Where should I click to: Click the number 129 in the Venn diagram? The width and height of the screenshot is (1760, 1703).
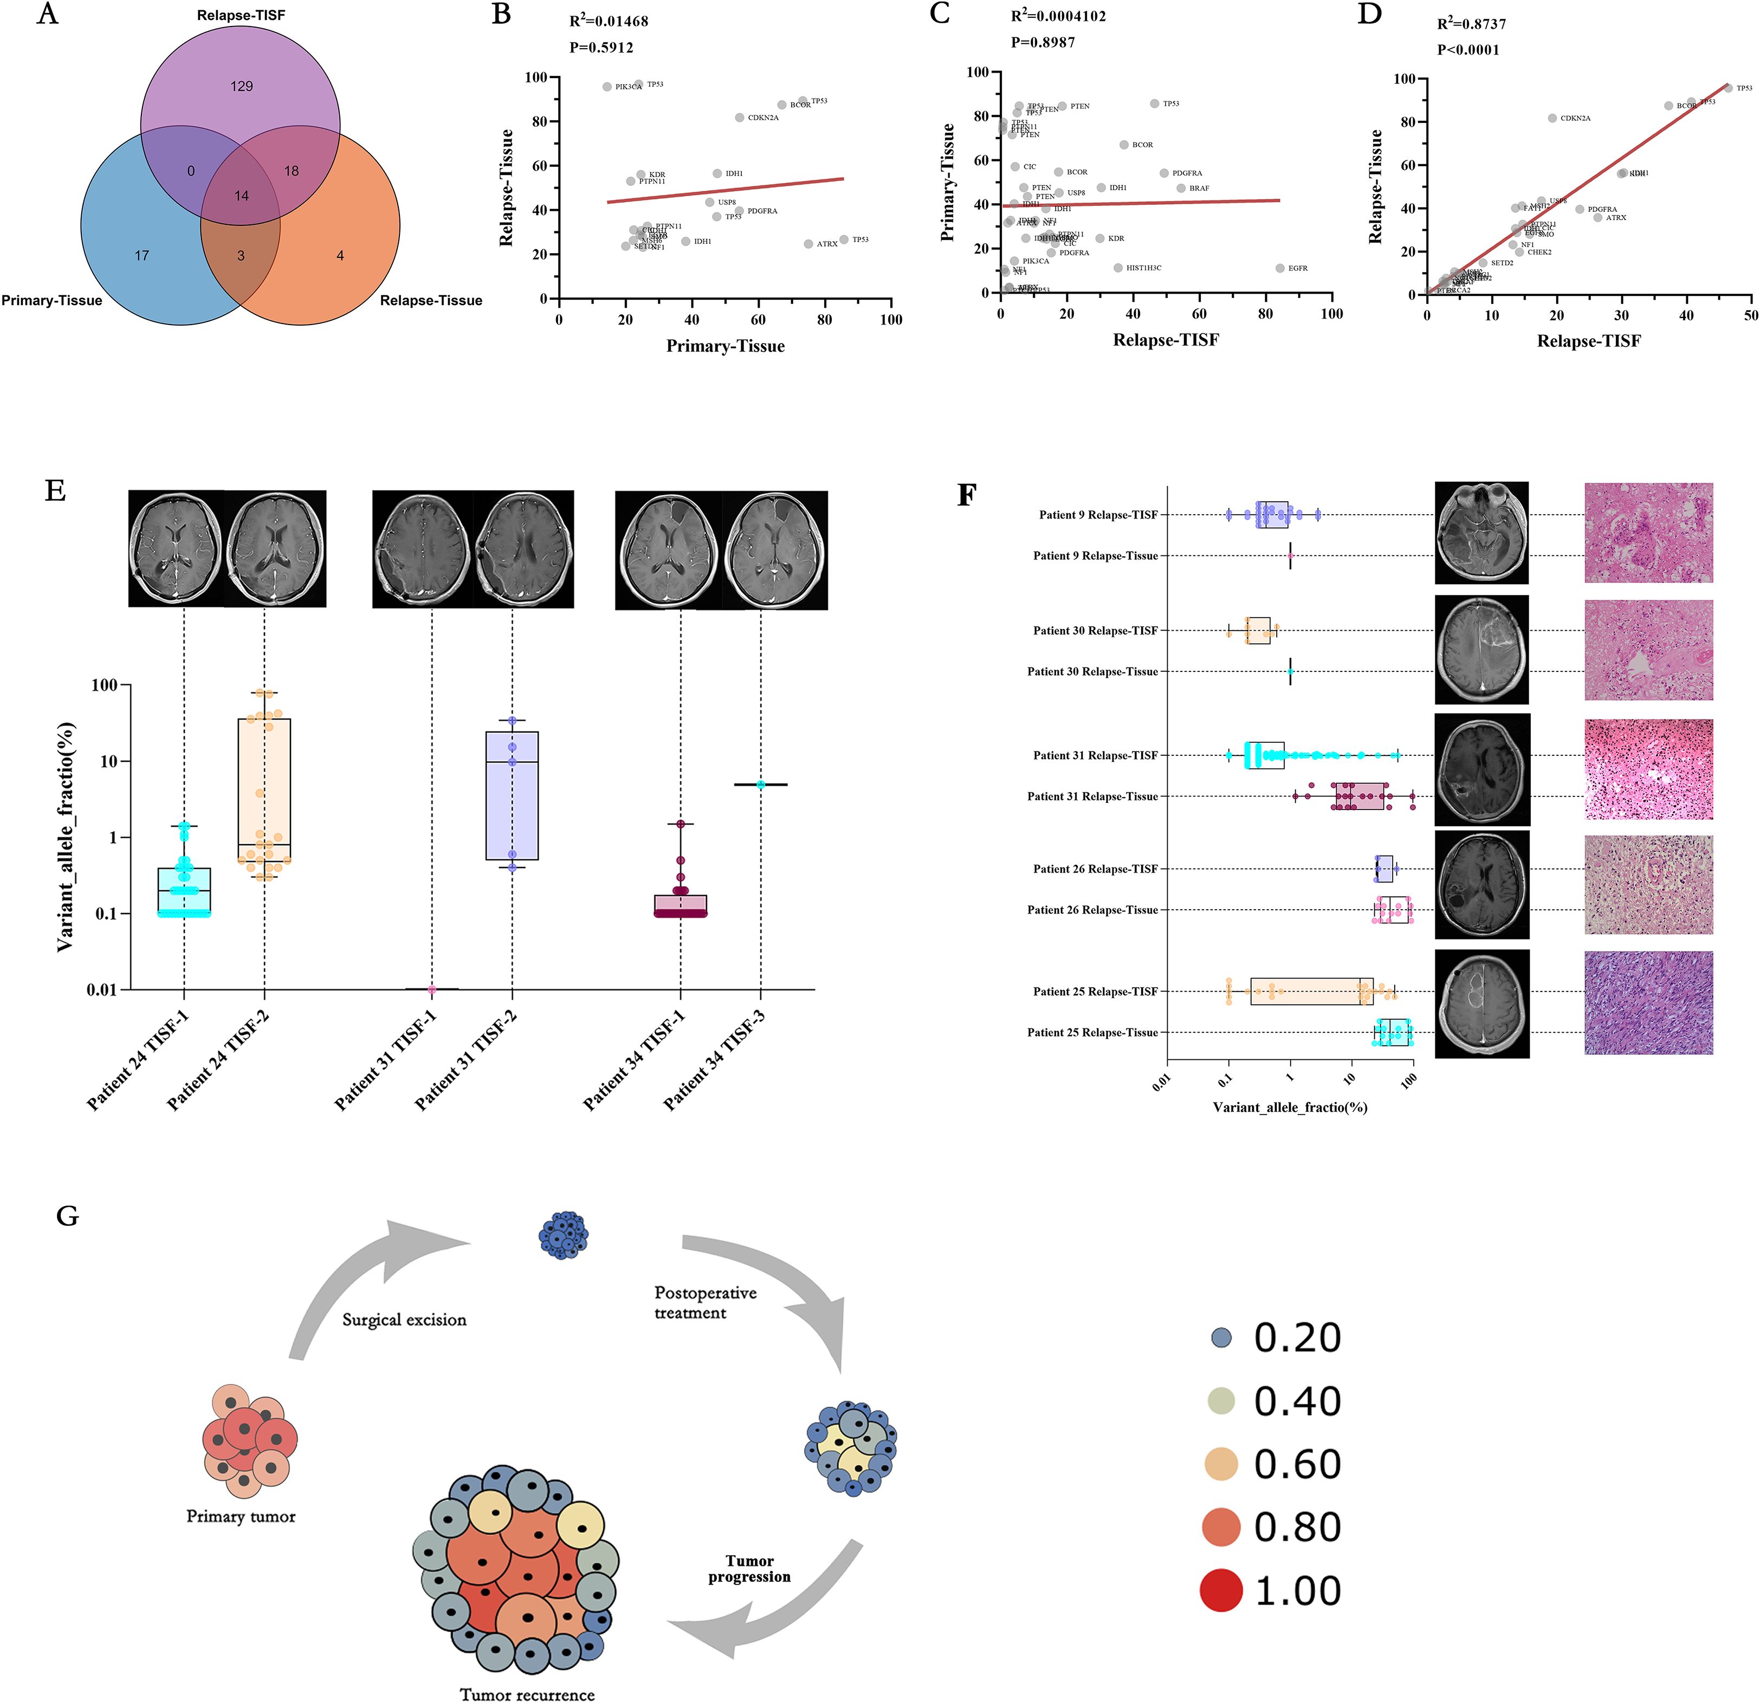pos(242,86)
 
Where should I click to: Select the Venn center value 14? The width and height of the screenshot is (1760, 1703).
pos(242,196)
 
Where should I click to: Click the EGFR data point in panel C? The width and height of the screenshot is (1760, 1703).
pos(1279,268)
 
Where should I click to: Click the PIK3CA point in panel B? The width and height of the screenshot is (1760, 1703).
pos(607,87)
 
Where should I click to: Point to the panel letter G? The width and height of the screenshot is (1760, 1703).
pos(67,1216)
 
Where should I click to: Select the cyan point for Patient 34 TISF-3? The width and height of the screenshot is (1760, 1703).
pos(761,785)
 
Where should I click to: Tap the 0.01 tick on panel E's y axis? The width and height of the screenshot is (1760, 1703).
pos(102,989)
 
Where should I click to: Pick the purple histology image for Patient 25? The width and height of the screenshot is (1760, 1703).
pos(1649,1003)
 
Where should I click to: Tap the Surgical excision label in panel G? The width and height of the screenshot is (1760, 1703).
pos(404,1320)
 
